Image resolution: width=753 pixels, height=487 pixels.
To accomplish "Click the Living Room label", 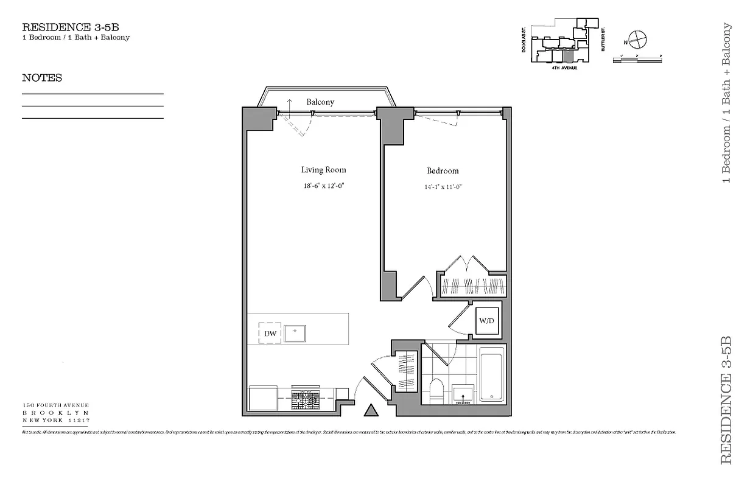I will point(323,170).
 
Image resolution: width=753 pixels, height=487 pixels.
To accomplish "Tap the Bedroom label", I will point(443,171).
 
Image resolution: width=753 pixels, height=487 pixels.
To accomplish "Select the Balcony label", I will point(320,102).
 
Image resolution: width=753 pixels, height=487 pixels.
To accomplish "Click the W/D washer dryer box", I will point(486,321).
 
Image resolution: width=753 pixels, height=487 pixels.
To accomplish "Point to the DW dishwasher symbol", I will point(270,333).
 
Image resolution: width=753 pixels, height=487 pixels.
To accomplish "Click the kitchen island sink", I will point(295,333).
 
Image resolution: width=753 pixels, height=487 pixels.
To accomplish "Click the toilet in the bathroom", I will point(436,390).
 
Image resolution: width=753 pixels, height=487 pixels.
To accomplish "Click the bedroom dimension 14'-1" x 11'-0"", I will point(443,187).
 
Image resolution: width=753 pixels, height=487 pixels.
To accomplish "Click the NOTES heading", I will point(42,78).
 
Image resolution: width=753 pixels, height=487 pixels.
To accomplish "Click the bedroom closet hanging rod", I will point(473,286).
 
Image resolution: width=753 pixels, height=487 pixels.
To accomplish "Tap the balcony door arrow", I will point(290,105).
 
